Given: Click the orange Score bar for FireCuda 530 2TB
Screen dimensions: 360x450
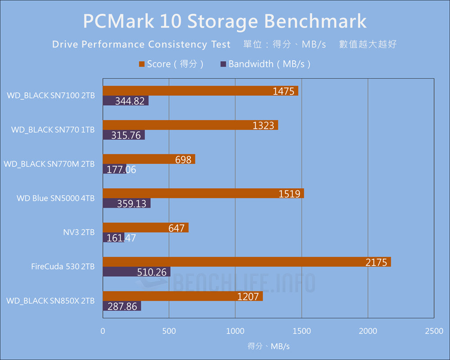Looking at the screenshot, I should [247, 262].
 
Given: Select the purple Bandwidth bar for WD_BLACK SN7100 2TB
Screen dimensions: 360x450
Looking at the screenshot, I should [126, 101].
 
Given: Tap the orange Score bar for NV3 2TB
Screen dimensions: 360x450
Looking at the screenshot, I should [145, 228].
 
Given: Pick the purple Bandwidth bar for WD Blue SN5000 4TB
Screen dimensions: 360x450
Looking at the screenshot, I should [126, 203].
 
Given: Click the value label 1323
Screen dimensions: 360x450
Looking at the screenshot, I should [263, 126].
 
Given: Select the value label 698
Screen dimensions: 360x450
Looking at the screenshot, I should [183, 160].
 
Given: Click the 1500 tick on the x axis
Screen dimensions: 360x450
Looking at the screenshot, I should [301, 331].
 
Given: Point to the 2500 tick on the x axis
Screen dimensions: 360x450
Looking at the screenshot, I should [434, 331].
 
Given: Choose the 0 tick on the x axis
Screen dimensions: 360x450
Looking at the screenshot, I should [103, 331].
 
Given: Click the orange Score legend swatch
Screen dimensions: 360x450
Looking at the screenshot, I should [142, 64].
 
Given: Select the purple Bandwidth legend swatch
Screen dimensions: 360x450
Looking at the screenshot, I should [223, 64].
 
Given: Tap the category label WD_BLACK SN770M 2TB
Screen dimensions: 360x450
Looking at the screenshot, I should [49, 164].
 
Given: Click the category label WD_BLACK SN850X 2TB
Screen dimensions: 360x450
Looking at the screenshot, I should [50, 301].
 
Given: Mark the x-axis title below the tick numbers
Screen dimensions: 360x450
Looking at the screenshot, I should [268, 346].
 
